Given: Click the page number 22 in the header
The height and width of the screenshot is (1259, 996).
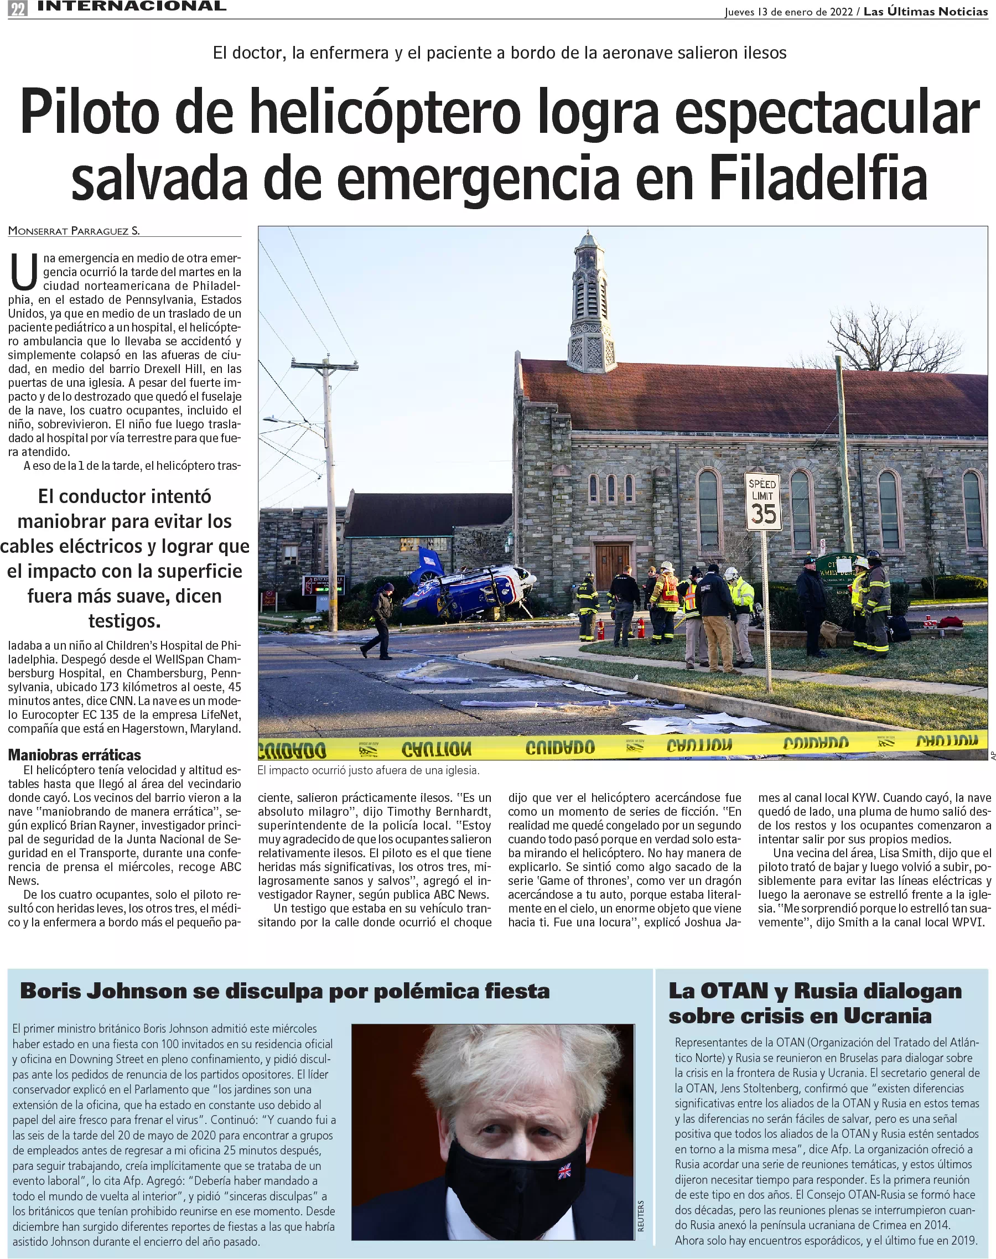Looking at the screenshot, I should (18, 9).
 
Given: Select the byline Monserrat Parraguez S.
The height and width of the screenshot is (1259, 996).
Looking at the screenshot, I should (74, 231).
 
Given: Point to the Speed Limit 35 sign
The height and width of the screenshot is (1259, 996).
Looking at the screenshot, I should (762, 501).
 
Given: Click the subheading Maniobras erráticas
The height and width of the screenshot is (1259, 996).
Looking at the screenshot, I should (74, 755).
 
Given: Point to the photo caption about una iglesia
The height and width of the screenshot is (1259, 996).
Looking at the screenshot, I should (368, 770).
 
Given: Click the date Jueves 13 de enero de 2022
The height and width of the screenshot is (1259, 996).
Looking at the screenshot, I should (788, 12).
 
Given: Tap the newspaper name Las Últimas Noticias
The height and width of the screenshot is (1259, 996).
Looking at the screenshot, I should (925, 12).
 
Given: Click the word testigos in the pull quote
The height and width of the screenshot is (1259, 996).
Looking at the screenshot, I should (124, 621).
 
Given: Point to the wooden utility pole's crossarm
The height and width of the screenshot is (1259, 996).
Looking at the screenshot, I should (324, 365).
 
